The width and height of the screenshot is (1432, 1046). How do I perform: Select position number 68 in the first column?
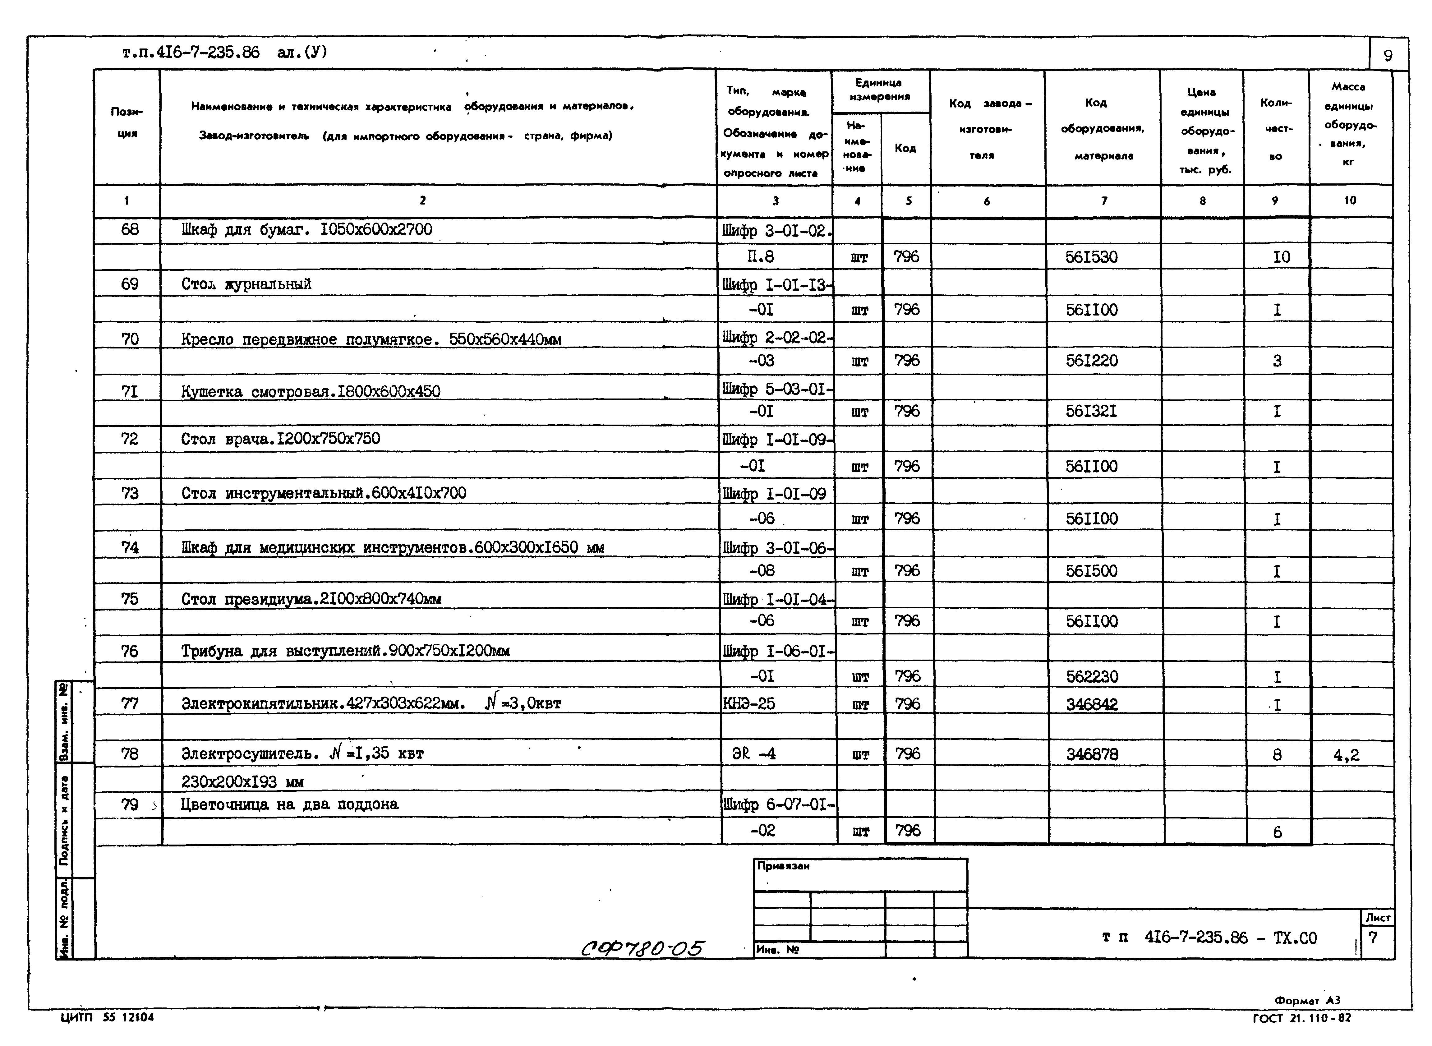pos(130,229)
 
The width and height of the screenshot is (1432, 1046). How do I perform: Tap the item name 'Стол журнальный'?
pos(246,284)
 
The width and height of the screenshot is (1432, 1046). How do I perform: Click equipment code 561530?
pos(1091,257)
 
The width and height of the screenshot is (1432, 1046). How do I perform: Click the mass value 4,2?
pos(1346,755)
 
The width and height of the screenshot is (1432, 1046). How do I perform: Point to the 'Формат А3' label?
pos(1307,1000)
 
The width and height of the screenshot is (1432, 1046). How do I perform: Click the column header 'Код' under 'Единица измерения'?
pos(905,148)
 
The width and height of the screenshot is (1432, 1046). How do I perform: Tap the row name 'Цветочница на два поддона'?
pos(289,804)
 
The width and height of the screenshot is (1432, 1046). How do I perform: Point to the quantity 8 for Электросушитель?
pos(1277,755)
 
